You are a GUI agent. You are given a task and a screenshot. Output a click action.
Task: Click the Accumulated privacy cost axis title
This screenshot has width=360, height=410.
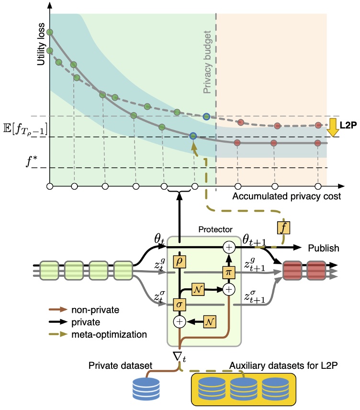(287, 196)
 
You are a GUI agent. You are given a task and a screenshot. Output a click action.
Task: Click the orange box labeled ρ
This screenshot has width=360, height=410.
(180, 262)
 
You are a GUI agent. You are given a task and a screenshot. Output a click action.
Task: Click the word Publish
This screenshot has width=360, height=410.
(324, 249)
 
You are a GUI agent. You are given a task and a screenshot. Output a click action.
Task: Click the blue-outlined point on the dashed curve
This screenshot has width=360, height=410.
(206, 116)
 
